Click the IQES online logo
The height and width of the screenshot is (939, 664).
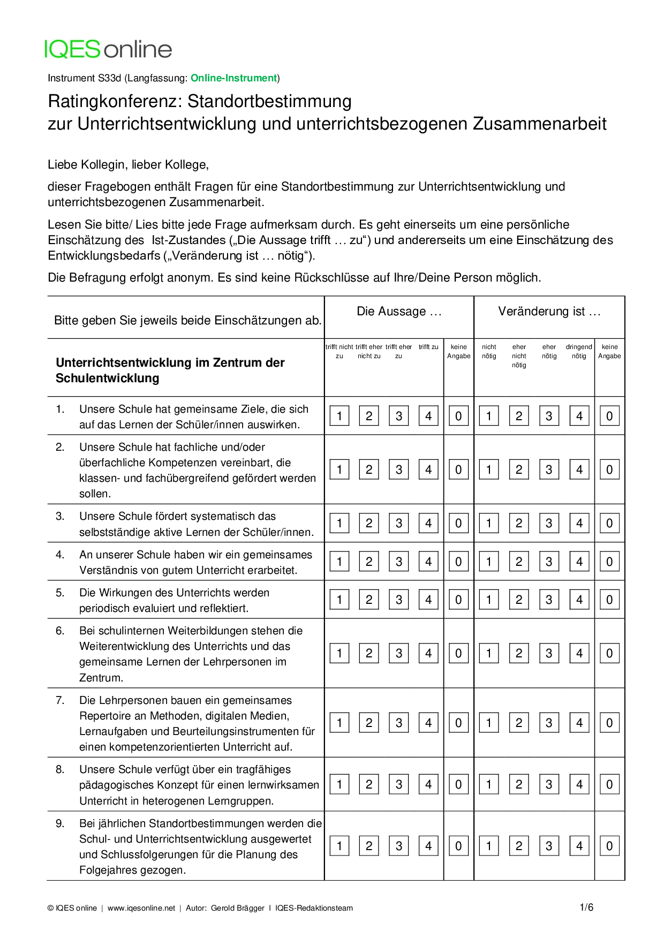coord(108,49)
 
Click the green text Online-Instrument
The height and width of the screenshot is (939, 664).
coord(233,78)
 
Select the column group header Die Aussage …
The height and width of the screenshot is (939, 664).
coord(399,312)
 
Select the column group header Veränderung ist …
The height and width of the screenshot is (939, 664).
coord(549,312)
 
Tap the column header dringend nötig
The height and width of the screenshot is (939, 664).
coord(579,351)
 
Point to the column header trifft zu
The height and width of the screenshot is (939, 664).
coord(428,347)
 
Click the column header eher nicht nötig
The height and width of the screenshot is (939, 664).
coord(519,356)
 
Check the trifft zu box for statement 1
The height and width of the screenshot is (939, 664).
coord(428,416)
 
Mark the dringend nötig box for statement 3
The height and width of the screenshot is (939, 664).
coord(579,523)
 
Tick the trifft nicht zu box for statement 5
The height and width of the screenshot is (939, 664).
coord(339,600)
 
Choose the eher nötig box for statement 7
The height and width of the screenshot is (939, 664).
coord(549,723)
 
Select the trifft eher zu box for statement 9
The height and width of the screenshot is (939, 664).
coord(398,846)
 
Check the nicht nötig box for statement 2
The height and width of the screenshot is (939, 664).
coord(489,470)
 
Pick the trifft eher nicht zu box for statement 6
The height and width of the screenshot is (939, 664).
coord(369,653)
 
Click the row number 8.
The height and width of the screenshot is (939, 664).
coord(60,769)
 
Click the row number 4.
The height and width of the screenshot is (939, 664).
coord(60,555)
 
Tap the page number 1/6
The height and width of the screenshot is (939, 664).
coord(586,907)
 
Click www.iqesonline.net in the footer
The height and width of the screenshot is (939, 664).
coord(141,908)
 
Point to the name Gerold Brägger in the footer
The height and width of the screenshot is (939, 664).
coord(238,908)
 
